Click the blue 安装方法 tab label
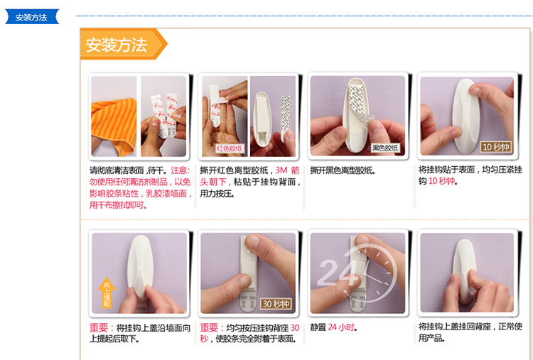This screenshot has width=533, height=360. click(x=31, y=17)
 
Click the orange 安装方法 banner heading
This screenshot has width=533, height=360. click(x=117, y=45)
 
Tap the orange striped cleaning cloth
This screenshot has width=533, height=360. click(x=114, y=126)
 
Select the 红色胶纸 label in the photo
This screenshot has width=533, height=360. click(x=230, y=148)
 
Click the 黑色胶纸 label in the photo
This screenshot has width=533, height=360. click(x=385, y=148)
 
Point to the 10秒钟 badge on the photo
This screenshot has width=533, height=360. click(x=496, y=147)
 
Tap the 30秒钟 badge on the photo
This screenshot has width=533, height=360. click(x=276, y=304)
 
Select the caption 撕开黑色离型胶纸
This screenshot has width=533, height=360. click(x=343, y=170)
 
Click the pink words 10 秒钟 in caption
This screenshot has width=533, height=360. click(x=441, y=181)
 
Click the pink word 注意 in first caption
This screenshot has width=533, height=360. click(x=179, y=170)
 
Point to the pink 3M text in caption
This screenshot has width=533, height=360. click(x=281, y=170)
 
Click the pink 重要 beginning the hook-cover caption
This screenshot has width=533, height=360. click(x=99, y=328)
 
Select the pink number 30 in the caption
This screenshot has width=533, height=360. click(x=295, y=328)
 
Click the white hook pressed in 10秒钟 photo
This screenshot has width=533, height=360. click(x=463, y=116)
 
